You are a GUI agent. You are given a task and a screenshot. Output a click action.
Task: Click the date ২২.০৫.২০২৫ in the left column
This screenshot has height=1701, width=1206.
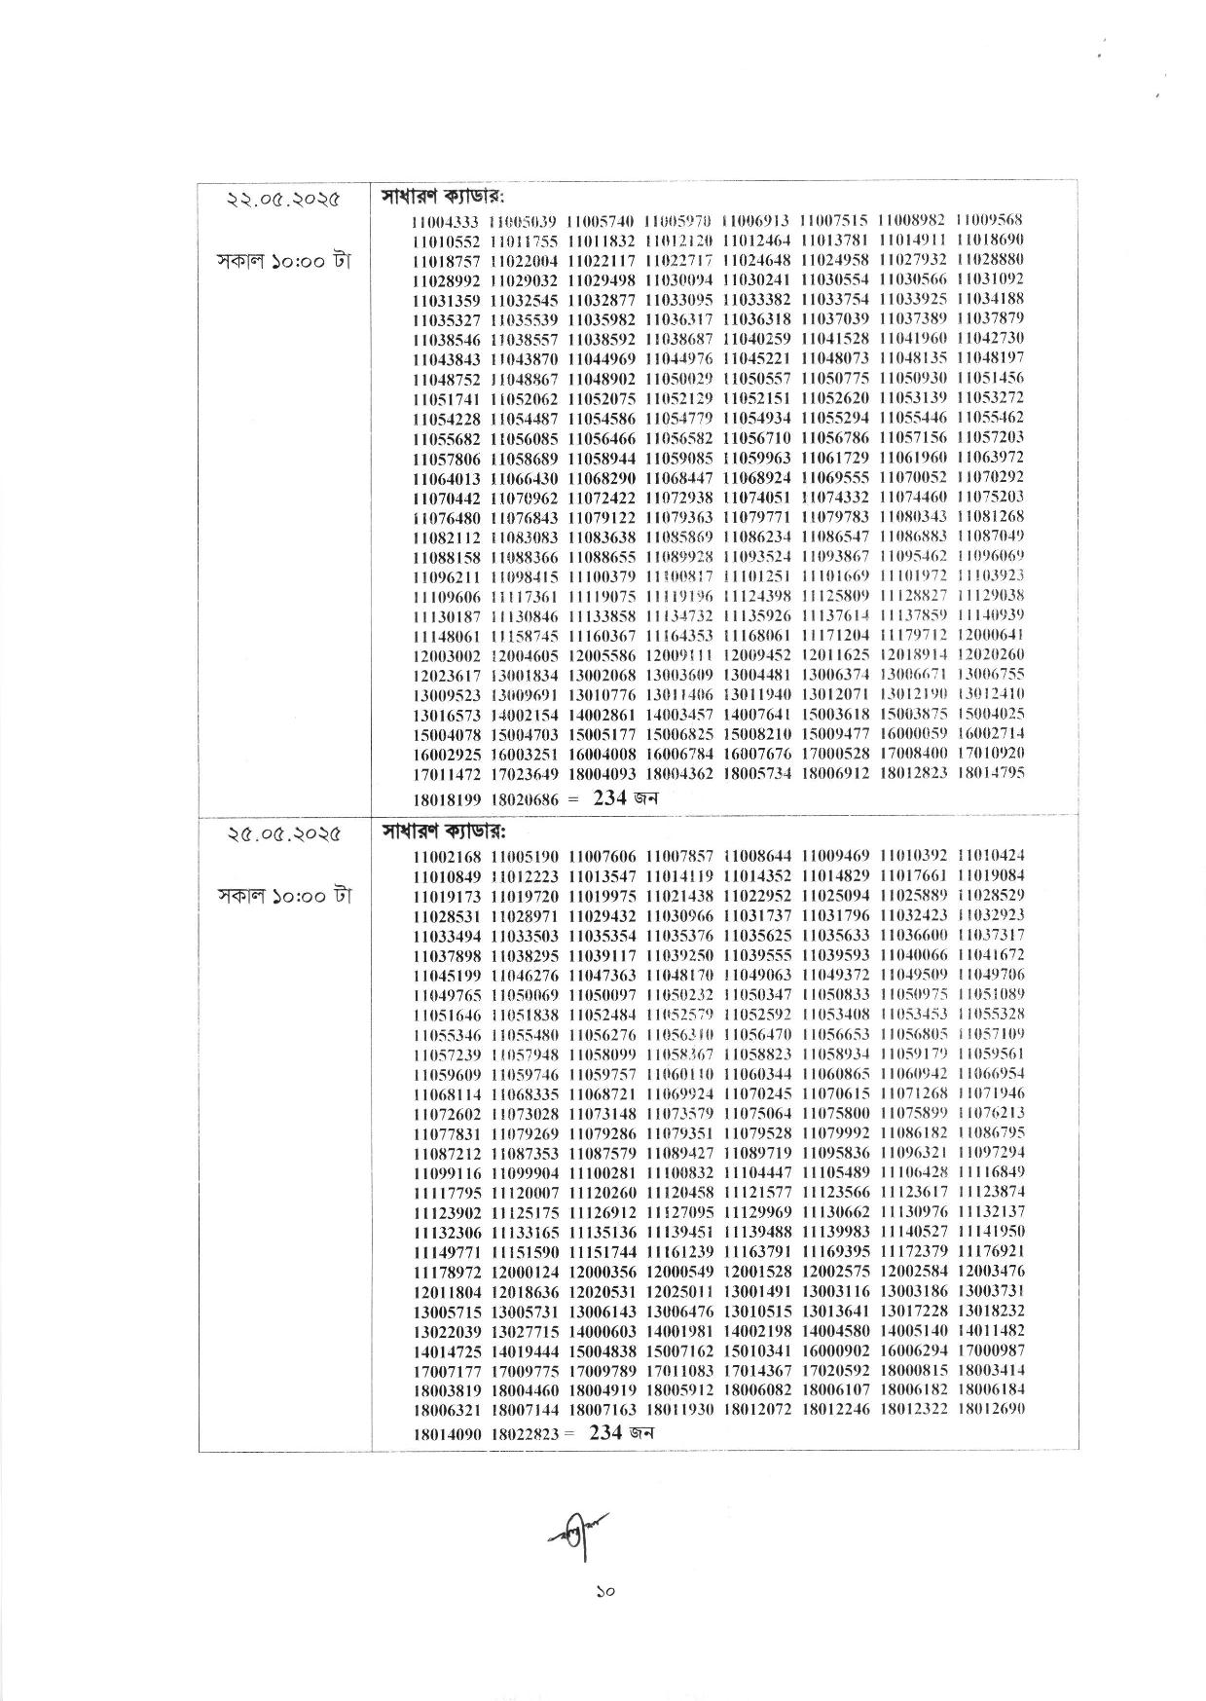point(282,200)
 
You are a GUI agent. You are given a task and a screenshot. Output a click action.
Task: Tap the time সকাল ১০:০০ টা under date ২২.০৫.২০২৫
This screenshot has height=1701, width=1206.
point(282,262)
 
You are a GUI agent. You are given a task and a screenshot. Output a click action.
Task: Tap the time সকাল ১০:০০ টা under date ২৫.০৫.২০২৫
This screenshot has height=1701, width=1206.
point(282,896)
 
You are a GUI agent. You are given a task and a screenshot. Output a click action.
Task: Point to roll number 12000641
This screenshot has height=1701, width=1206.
point(990,635)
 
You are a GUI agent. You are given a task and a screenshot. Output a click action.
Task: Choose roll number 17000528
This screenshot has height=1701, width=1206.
point(834,753)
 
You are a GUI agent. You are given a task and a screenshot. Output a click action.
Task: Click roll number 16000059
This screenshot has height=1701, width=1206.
point(912,733)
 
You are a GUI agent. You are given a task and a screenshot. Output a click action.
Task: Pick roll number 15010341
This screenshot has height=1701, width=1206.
point(756,1350)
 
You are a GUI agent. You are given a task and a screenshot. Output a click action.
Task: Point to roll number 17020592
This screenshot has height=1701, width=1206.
point(834,1370)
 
